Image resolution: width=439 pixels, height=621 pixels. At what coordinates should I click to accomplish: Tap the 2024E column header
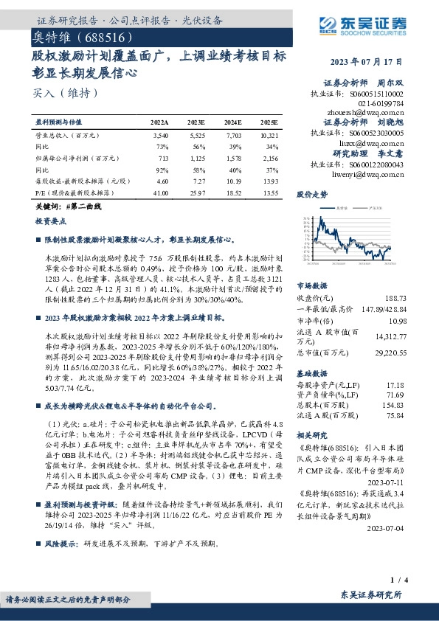tap(234, 123)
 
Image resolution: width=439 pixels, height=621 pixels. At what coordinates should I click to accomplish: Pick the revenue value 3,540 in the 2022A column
tap(160, 136)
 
